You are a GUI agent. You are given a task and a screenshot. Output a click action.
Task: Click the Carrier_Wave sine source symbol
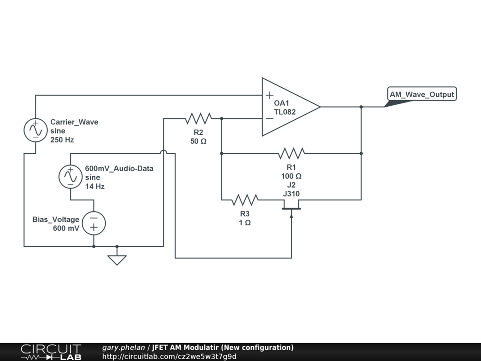pyautogui.click(x=35, y=130)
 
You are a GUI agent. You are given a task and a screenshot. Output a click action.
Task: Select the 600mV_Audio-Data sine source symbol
pyautogui.click(x=70, y=176)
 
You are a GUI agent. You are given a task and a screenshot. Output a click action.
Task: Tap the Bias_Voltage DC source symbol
pyautogui.click(x=94, y=223)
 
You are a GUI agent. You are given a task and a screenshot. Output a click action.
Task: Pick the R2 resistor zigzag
pyautogui.click(x=198, y=118)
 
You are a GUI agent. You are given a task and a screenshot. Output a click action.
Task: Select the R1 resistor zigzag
pyautogui.click(x=291, y=153)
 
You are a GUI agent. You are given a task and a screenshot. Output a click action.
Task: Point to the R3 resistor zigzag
pyautogui.click(x=245, y=200)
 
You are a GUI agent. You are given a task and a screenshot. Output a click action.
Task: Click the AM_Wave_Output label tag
pyautogui.click(x=422, y=94)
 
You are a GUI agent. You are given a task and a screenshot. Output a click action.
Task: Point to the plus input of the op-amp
pyautogui.click(x=269, y=95)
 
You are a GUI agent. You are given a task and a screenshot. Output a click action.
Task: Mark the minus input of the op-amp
pyautogui.click(x=269, y=118)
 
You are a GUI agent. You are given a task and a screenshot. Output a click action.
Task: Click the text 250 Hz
pyautogui.click(x=62, y=140)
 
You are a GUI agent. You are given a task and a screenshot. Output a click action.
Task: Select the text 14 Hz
pyautogui.click(x=95, y=186)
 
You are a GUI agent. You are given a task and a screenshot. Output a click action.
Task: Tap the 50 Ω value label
pyautogui.click(x=198, y=141)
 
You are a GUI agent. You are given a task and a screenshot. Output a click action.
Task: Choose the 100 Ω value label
pyautogui.click(x=291, y=176)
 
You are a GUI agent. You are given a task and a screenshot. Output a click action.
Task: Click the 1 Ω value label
pyautogui.click(x=245, y=222)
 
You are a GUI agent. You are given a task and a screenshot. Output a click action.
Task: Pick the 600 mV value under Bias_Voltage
pyautogui.click(x=66, y=228)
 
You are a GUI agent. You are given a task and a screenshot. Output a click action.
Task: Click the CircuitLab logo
pyautogui.click(x=51, y=352)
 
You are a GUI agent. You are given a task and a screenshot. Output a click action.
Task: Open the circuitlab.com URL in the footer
pyautogui.click(x=170, y=356)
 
